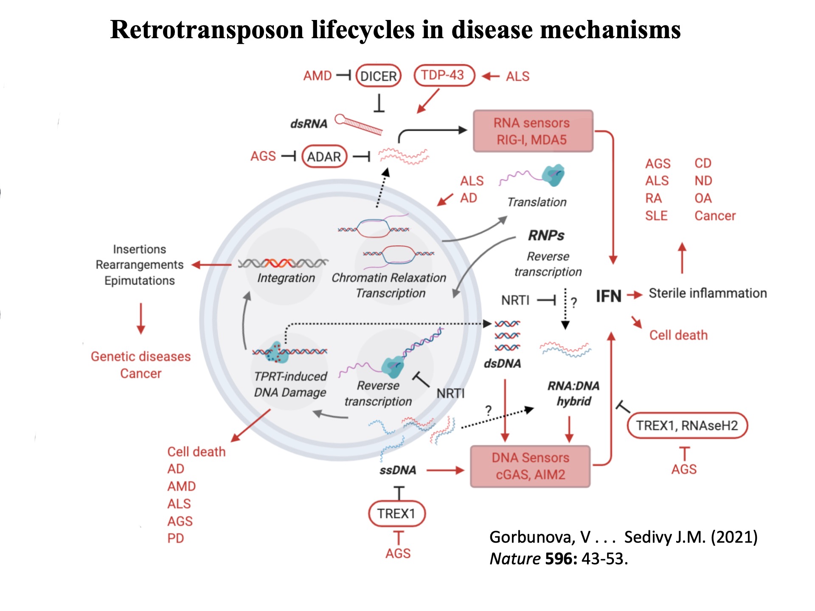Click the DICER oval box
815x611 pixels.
pos(378,76)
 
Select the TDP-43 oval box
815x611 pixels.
pos(444,76)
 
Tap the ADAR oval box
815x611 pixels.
pos(324,157)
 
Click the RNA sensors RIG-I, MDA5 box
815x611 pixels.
pos(533,131)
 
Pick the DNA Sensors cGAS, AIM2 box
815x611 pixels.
pos(530,466)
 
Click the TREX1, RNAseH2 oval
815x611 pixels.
pos(687,425)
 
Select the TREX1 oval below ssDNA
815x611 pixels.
pos(396,513)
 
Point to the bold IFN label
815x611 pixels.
pos(608,296)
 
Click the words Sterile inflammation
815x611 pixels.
pos(708,293)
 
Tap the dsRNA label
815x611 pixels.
pos(309,124)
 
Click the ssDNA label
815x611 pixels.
pos(398,470)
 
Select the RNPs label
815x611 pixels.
pos(546,235)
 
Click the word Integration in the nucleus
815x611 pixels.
pos(286,278)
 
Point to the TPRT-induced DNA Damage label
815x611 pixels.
pos(290,384)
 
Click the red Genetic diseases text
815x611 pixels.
pos(141,356)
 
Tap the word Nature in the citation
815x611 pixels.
pos(515,559)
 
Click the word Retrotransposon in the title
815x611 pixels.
pos(207,30)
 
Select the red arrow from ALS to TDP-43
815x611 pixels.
pos(491,76)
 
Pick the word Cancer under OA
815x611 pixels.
pos(715,216)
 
